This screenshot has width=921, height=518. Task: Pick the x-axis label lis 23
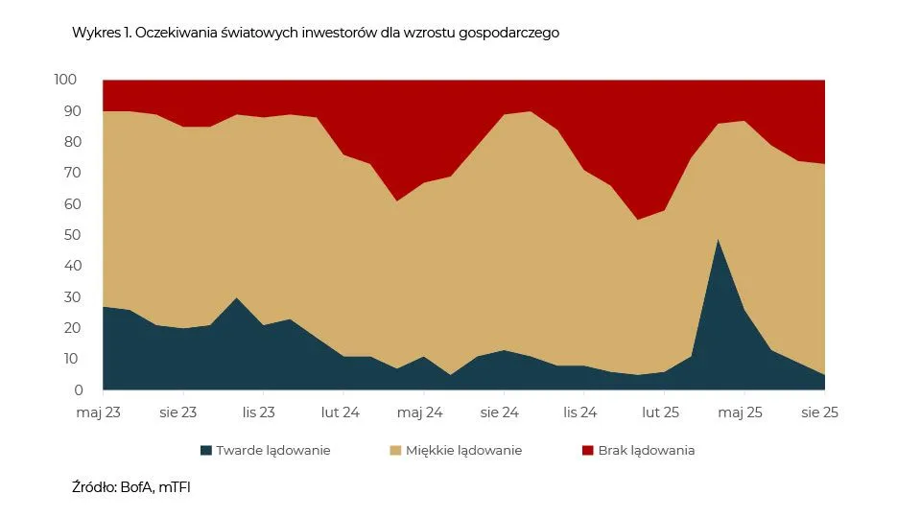point(259,412)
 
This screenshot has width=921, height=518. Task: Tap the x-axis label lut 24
point(340,412)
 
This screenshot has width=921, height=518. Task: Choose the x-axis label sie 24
point(499,412)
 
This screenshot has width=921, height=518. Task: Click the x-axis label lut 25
point(660,412)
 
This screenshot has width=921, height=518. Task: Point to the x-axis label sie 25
point(820,412)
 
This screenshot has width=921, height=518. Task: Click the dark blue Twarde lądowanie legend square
point(205,450)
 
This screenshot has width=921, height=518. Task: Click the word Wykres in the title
point(94,33)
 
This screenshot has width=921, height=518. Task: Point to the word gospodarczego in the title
point(514,34)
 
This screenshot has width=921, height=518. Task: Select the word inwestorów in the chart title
point(304,33)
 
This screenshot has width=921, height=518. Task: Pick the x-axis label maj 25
point(740,412)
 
